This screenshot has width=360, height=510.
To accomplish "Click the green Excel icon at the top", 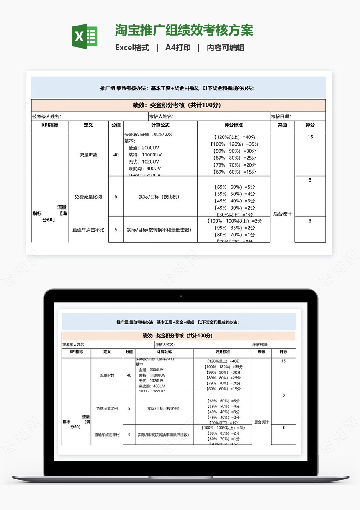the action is pos(85,36).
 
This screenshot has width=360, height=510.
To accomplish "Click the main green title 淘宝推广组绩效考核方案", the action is pos(184,31).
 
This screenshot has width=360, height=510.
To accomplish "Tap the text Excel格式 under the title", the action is pos(132,48).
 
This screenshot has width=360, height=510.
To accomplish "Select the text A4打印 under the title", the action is pos(178,48).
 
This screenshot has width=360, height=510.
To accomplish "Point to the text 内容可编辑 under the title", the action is pos(226,48).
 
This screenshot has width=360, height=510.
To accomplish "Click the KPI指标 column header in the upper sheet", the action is pos(49,125).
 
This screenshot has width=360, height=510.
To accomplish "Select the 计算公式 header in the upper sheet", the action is pos(160,125).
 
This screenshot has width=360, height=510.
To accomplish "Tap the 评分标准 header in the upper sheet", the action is pos(234,125).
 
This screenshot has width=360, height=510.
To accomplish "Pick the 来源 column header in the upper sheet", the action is pos(282,125).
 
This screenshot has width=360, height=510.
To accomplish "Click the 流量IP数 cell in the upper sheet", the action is pos(88,155).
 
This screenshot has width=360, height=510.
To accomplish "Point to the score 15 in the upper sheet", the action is pos(310,137).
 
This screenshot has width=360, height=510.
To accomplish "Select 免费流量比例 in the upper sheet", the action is pos(88,197).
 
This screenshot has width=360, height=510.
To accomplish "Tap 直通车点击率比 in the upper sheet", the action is pos(88,230).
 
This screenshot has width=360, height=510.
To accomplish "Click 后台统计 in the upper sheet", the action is pos(282,214).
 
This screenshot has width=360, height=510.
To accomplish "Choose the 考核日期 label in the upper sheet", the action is pos(281,117).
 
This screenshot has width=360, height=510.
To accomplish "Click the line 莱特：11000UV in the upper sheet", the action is pos(145,155).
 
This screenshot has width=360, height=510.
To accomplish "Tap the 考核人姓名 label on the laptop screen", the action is pos(165,345).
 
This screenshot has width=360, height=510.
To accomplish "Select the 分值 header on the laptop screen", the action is pos(129,352).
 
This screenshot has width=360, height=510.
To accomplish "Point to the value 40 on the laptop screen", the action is pos(129,375).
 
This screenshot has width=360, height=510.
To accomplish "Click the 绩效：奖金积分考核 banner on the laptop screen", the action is pos(178,336).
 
